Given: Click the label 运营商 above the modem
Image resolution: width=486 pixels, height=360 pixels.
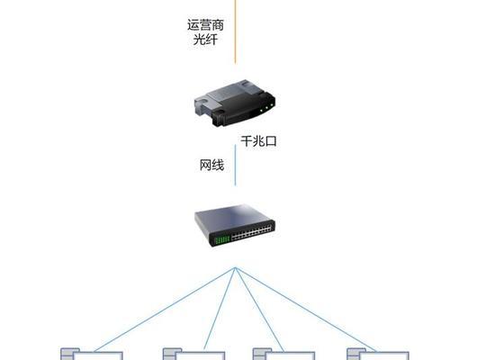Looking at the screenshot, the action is (205, 25).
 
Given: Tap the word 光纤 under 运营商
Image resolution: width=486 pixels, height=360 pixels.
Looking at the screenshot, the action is (205, 40).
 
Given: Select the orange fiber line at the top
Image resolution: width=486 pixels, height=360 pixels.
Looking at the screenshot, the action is (235, 31).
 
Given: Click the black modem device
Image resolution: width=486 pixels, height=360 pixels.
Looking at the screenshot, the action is (235, 103).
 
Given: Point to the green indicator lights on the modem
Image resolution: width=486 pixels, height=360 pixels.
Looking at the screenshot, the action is (266, 108).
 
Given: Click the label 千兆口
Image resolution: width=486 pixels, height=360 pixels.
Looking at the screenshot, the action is (258, 141).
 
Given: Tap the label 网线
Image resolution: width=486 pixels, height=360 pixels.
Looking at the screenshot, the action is (211, 165).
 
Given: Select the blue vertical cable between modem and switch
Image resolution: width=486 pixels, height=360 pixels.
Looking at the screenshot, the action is (235, 165).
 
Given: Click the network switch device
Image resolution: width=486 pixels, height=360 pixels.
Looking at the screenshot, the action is (235, 225).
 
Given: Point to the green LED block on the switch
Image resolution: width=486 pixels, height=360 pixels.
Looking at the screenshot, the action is (222, 240).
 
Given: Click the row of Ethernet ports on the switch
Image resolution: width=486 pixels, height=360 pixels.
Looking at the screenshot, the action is (251, 233).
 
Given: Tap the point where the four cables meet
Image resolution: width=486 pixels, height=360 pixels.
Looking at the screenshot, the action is (235, 267).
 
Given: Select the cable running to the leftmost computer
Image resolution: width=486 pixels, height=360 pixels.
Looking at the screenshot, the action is (165, 310).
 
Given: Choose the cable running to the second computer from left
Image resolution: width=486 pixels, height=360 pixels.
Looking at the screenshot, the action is (220, 309).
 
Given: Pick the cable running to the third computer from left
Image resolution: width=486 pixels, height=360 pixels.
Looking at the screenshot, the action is (259, 310).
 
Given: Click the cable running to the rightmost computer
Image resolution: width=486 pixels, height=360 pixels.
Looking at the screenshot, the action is (306, 310).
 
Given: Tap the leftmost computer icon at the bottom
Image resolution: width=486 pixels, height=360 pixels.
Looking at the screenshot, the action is (92, 354).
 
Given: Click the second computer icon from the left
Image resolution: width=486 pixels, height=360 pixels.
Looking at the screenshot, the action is (194, 354).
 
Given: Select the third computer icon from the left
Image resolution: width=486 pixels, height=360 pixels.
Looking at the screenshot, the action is (283, 354).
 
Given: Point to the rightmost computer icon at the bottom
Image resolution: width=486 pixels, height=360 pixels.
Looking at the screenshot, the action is (378, 354).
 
